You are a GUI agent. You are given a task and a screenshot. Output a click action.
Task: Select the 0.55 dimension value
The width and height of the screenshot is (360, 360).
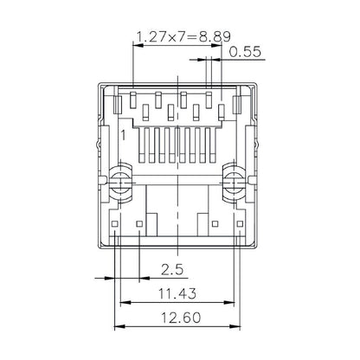pos(245,52)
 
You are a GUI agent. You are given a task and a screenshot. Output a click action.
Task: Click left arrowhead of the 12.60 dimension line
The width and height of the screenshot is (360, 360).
pos(119,327)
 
